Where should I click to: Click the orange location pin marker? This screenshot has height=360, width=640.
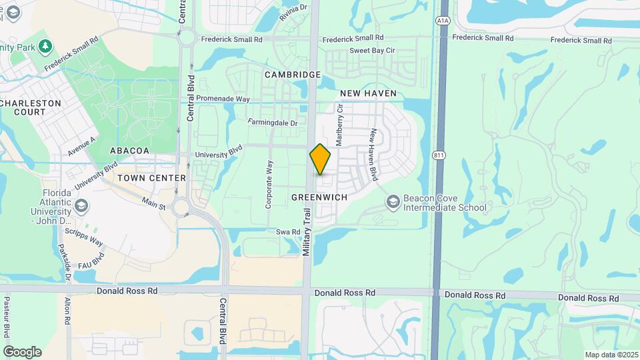(x=321, y=160)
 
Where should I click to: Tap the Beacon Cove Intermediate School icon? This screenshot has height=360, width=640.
(x=393, y=201)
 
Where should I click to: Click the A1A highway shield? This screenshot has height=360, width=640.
(x=443, y=21)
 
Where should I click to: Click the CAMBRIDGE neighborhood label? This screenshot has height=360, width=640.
(x=293, y=75)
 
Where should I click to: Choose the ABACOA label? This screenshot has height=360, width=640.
(x=129, y=151)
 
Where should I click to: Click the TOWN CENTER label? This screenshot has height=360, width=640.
(x=151, y=178)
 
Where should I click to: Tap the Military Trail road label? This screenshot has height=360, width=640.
(x=307, y=231)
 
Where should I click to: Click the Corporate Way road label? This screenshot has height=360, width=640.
(x=269, y=185)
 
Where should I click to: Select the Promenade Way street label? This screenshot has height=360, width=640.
(x=223, y=99)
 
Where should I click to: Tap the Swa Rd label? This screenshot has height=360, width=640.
(x=288, y=231)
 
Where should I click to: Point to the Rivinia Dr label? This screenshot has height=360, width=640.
(x=293, y=12)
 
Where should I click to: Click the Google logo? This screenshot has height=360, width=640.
(x=22, y=351)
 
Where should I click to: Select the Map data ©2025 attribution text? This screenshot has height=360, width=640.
(x=610, y=354)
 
